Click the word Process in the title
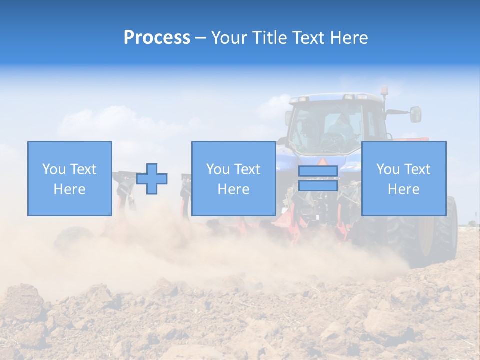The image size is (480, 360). click(157, 38)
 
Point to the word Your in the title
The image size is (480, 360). click(228, 38)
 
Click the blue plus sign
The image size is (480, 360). click(152, 179)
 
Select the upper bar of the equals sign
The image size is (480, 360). click(318, 171)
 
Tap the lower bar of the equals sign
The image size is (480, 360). click(318, 185)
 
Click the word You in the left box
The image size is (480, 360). click(54, 169)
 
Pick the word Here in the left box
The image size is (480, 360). click(69, 189)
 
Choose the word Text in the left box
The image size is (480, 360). click(82, 169)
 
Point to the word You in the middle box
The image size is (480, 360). click(218, 169)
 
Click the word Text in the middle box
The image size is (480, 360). click(246, 169)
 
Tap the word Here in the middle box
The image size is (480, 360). click(233, 189)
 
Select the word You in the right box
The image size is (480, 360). click(388, 169)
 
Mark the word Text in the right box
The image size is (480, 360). click(416, 169)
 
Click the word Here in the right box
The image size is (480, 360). click(403, 189)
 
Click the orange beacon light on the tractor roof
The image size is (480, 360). click(385, 91)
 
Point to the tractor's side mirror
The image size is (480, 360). click(415, 114)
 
